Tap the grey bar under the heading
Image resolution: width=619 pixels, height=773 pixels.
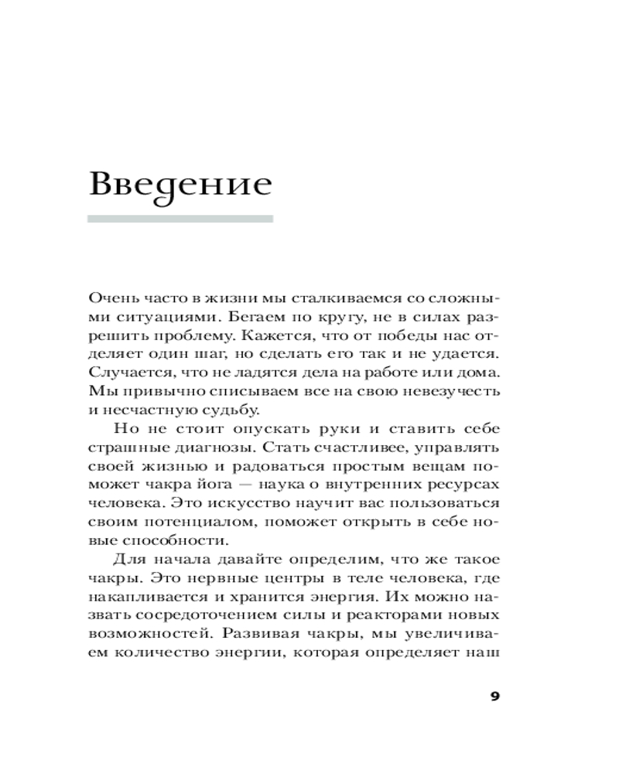[x=180, y=219]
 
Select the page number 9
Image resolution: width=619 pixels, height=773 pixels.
[x=496, y=695]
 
